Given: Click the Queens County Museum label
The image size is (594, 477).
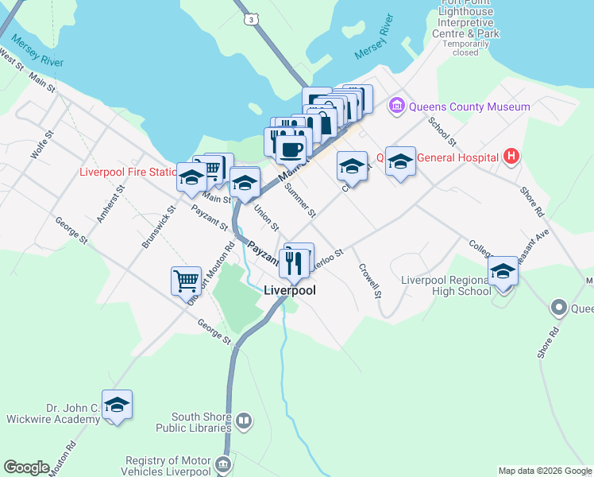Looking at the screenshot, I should coord(469,107).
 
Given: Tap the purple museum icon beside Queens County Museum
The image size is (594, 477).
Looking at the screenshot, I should coord(396,106).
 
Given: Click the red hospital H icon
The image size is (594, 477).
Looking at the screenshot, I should coord(511,157).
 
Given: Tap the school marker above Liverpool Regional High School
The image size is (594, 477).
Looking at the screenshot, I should coord(503,271).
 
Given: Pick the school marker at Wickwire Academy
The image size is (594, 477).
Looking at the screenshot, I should coord(117,405).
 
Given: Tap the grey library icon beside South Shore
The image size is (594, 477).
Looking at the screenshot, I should coord(244,420).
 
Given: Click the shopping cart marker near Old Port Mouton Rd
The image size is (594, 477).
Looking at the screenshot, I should coord(185,280).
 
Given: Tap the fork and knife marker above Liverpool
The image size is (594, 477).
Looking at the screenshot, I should coord(294,262).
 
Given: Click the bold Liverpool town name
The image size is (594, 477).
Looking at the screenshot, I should coord(290,291).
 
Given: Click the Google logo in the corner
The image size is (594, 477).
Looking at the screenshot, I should coord(26,467).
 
